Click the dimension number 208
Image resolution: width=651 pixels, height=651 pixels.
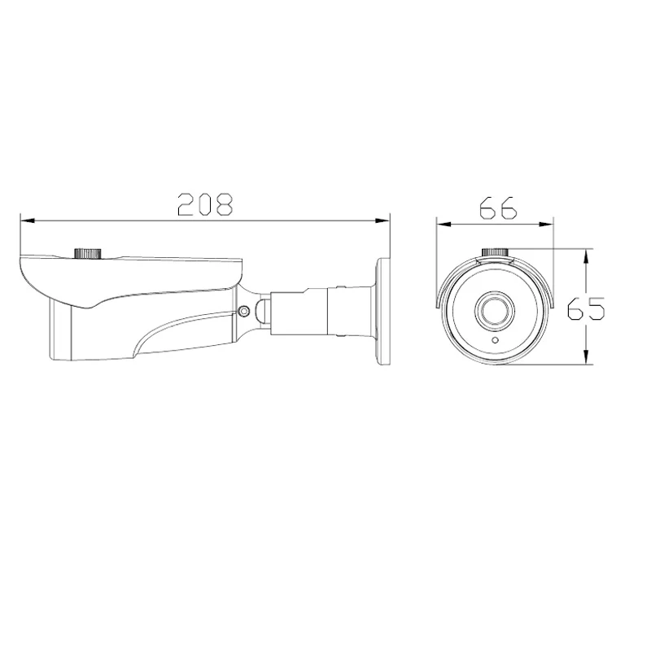(x=205, y=204)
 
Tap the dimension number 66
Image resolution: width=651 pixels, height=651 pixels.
(x=498, y=208)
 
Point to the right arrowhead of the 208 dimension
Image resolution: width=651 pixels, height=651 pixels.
(x=384, y=219)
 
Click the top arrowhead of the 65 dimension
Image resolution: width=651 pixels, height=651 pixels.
(x=586, y=253)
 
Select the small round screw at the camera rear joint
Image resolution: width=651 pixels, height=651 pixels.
(x=242, y=310)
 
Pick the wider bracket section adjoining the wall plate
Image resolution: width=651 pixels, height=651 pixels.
(x=350, y=309)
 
